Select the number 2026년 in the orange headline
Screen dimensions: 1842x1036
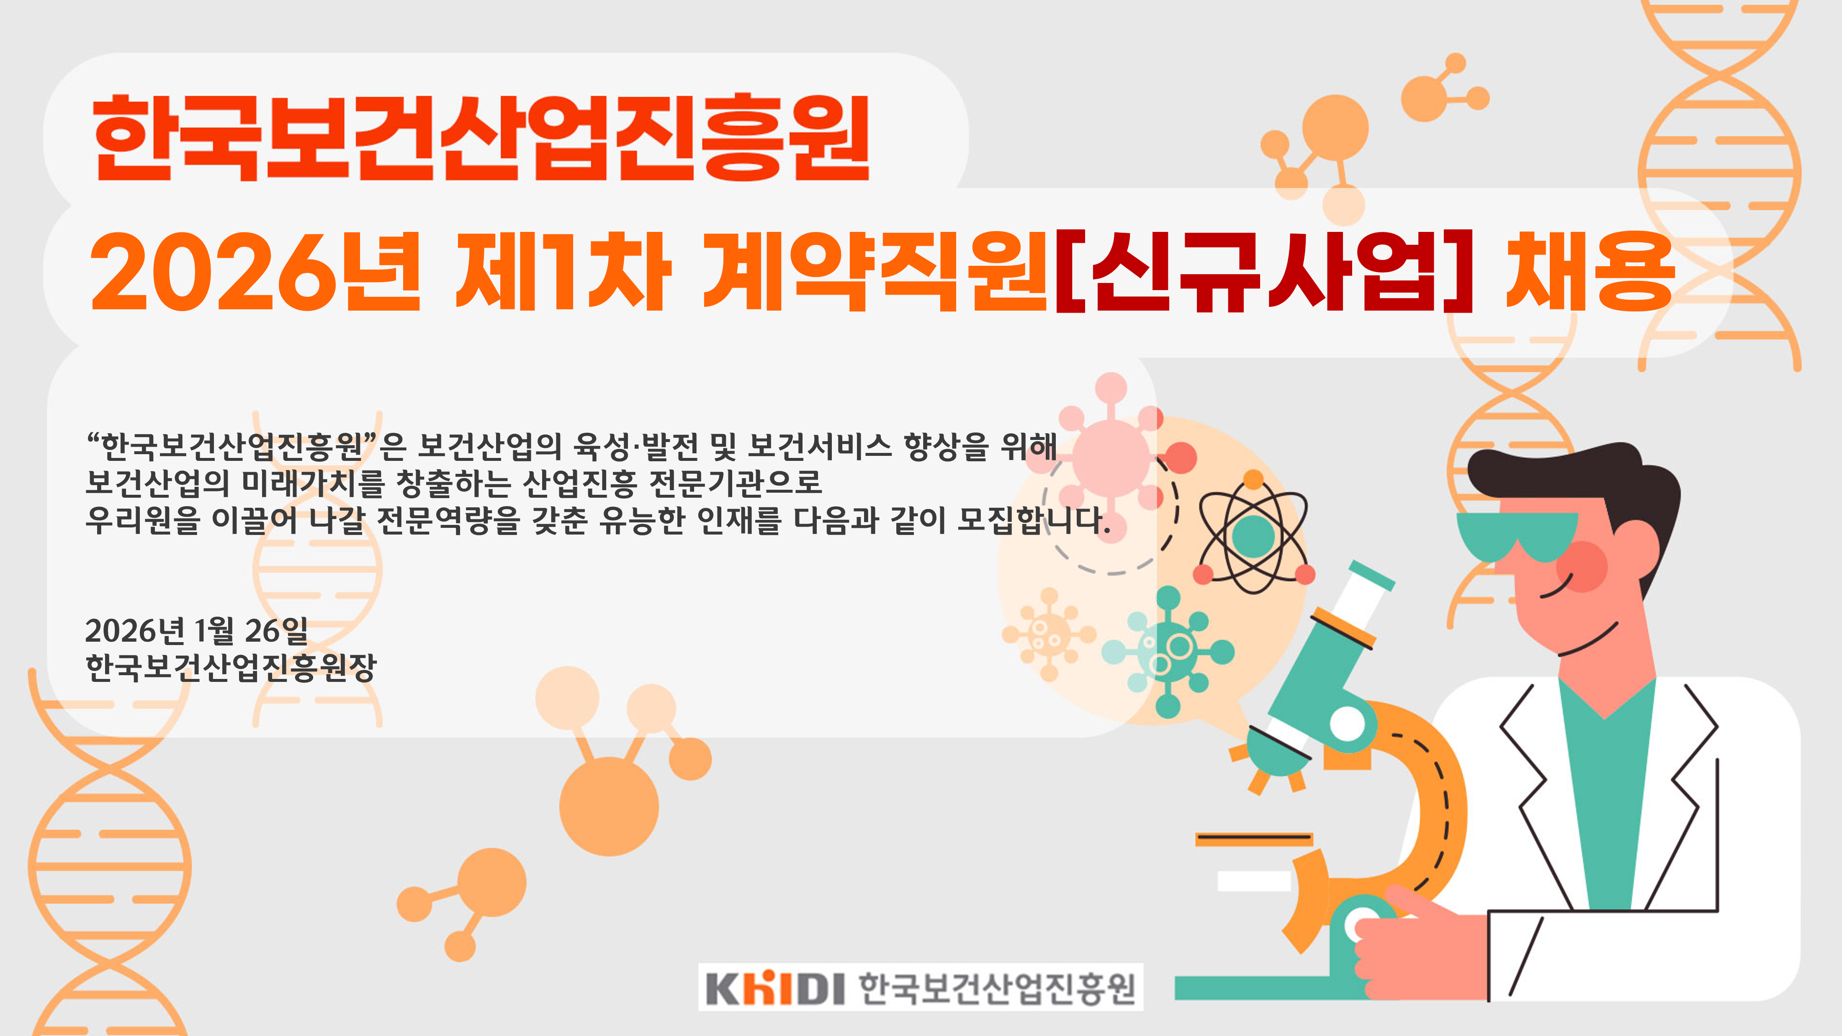tap(255, 272)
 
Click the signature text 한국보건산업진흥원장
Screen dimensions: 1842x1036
tap(230, 667)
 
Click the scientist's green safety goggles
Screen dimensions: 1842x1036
tap(1518, 535)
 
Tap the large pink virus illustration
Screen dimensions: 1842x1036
tap(1111, 458)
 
